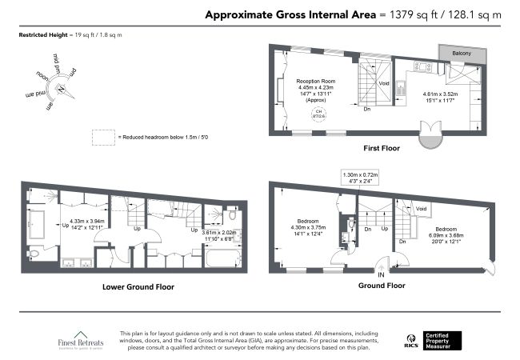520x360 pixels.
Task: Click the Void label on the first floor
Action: pos(384,82)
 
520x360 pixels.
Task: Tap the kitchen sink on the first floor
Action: pos(401,90)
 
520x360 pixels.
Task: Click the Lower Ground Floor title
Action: pos(138,286)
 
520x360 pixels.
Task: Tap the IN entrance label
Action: pos(382,274)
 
